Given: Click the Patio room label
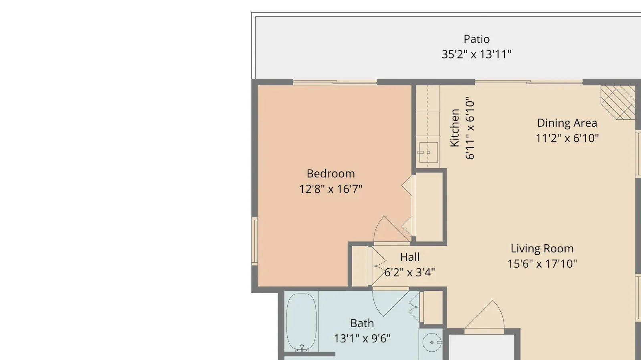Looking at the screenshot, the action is [x=476, y=39].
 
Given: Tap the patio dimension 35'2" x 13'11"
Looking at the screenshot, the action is [x=476, y=54].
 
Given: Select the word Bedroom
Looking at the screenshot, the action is [x=331, y=173].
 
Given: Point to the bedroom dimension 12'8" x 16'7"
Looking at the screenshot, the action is [x=331, y=189].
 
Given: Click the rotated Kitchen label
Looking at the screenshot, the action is [x=455, y=128].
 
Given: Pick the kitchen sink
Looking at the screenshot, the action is [x=428, y=153].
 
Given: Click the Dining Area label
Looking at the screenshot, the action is [x=567, y=123].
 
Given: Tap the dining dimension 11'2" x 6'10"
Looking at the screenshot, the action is [x=567, y=139].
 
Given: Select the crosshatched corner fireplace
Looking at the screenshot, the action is [x=618, y=103].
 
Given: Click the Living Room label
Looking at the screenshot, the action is [x=542, y=249].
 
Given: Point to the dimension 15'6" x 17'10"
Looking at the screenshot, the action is [x=542, y=263].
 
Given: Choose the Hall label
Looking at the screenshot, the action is [x=410, y=257].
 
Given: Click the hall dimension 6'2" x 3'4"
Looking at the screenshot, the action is [x=410, y=272].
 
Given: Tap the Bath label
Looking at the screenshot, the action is [x=362, y=324].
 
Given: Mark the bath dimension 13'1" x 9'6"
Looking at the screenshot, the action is [x=362, y=339].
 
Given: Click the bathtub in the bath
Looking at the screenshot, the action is [x=302, y=322].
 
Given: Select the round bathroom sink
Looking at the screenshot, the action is [x=432, y=342].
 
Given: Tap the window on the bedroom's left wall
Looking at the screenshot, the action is [x=254, y=241].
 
